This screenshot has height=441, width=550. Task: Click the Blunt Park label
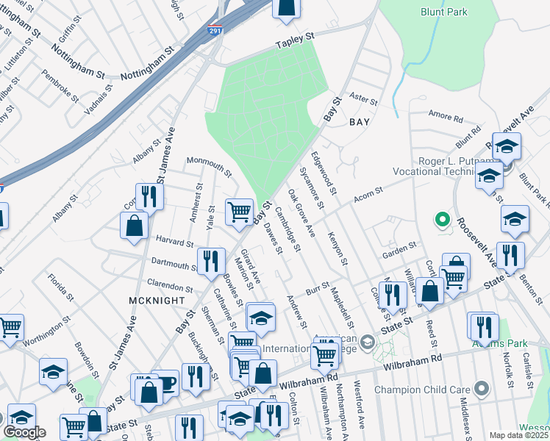(x=443, y=12)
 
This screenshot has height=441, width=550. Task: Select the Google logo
(x=24, y=432)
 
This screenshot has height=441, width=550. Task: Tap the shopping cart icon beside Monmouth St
(x=240, y=212)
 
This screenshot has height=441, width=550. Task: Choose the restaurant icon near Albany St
(x=149, y=196)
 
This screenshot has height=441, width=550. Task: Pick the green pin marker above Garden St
(x=442, y=219)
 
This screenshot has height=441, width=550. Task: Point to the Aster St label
(x=362, y=97)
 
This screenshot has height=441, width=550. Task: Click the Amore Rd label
(x=446, y=118)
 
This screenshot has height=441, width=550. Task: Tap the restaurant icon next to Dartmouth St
(x=211, y=261)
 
